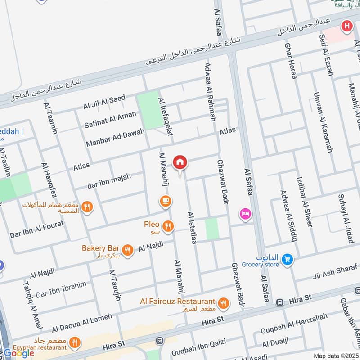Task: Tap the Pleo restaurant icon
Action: (x=168, y=226)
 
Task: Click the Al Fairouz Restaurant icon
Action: (x=223, y=304)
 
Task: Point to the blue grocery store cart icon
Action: (x=288, y=260)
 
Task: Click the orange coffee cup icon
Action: (x=165, y=201)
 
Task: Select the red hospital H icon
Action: (x=346, y=26)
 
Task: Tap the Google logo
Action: (x=19, y=353)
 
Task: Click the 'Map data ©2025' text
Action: (x=335, y=355)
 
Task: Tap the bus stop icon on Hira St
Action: (x=279, y=302)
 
